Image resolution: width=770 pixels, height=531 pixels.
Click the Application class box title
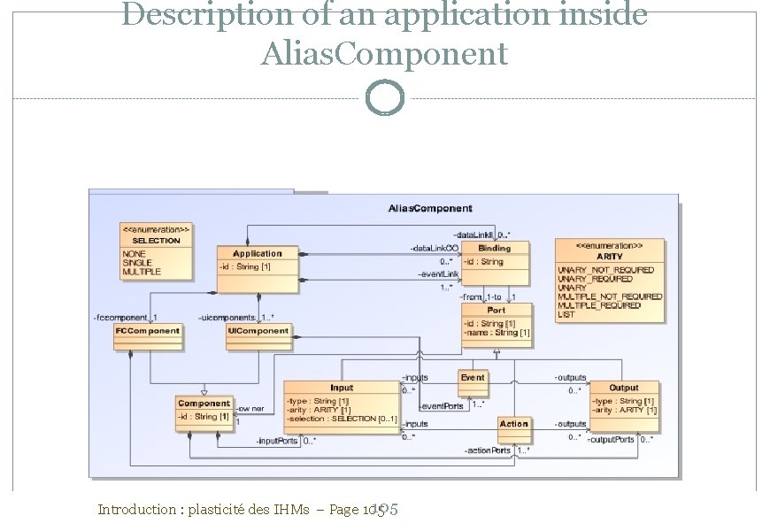(257, 253)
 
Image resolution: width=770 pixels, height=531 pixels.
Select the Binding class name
(495, 249)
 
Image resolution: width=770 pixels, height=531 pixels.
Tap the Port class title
(497, 311)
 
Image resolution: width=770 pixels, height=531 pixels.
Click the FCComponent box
(148, 331)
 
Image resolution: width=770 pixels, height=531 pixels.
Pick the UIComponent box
(258, 331)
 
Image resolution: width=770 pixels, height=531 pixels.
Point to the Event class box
(473, 378)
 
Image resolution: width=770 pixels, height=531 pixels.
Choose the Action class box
(513, 424)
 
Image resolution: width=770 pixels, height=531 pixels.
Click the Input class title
(342, 388)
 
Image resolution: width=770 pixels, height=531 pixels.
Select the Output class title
(624, 388)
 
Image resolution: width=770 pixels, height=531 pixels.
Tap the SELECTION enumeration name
(156, 240)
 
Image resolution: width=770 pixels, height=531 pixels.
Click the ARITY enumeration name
(610, 256)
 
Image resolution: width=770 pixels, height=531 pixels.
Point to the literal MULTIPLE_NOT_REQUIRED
(610, 296)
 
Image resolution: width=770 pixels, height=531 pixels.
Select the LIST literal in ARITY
(566, 314)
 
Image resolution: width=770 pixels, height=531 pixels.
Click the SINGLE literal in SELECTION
(137, 263)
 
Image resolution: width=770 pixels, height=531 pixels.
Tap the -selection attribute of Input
(342, 419)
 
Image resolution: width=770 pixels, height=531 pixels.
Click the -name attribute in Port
(497, 333)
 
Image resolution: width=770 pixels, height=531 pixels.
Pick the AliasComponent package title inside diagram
(430, 209)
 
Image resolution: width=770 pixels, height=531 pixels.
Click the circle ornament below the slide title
(385, 98)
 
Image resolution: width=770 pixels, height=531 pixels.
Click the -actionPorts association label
(488, 450)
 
